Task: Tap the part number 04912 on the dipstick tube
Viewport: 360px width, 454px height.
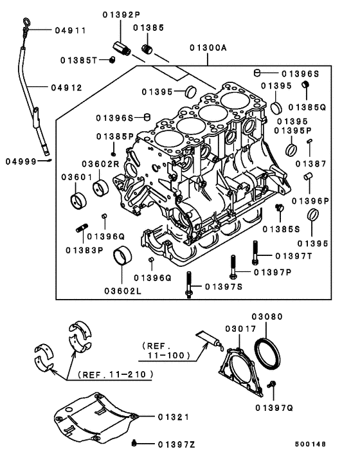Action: click(67, 88)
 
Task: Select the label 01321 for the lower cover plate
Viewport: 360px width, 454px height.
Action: click(174, 417)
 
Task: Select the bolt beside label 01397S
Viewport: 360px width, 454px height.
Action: click(188, 285)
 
